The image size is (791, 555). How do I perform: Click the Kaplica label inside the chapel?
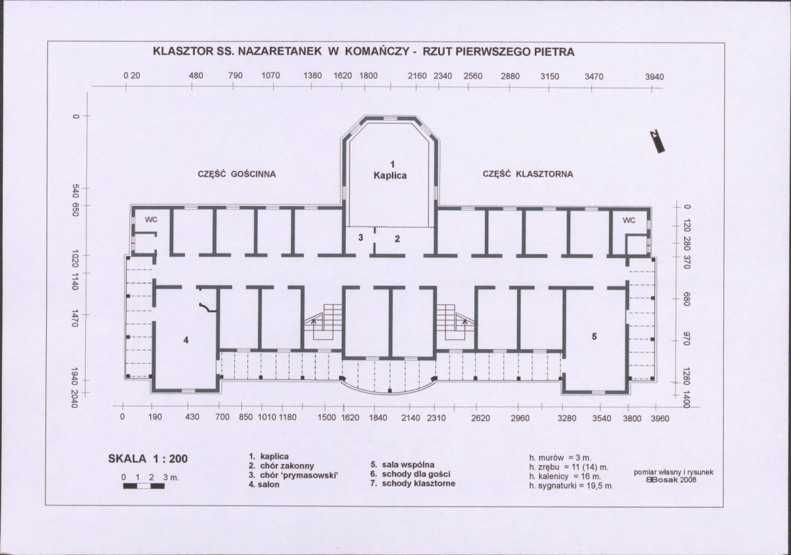(390, 176)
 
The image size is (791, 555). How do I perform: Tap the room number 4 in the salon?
(185, 341)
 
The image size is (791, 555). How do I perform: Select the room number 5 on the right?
(594, 336)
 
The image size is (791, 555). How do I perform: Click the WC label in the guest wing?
(151, 220)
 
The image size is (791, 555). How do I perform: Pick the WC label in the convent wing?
(629, 220)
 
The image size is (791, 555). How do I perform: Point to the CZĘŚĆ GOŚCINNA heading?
(237, 174)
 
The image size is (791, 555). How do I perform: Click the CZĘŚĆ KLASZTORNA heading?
(528, 174)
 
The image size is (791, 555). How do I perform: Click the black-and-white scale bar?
(144, 486)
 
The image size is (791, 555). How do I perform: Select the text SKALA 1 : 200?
(148, 459)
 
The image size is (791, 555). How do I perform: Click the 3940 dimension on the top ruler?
(654, 77)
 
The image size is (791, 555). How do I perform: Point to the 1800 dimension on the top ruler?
(368, 76)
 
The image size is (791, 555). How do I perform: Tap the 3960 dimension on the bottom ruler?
(660, 418)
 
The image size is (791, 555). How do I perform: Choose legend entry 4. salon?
(264, 484)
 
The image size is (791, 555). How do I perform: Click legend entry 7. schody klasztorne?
(412, 483)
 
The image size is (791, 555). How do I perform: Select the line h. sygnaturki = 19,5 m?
(570, 486)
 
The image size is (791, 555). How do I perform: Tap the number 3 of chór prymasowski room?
(361, 237)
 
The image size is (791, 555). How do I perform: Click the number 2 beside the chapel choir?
(397, 239)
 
